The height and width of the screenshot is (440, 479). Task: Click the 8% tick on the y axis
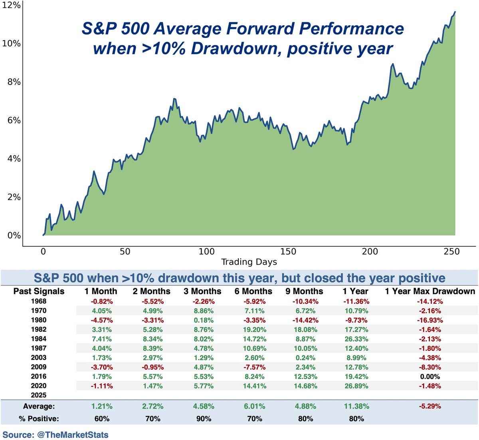[11, 82]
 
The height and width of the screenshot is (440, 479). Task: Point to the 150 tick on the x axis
[288, 251]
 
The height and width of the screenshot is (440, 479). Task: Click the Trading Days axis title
[249, 262]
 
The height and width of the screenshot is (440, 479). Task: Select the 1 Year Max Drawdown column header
[430, 291]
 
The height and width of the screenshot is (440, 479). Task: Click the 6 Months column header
[253, 291]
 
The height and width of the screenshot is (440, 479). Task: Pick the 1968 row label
[39, 301]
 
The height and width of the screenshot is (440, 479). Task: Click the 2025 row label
[39, 395]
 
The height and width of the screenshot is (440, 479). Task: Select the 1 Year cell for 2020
[356, 386]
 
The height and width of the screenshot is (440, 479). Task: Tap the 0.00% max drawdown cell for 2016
[430, 377]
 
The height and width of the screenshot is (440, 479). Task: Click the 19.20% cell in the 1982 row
[254, 330]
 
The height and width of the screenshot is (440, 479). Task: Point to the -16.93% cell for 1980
[430, 320]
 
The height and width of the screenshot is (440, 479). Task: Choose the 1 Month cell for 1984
[102, 339]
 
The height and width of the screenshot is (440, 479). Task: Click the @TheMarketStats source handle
[73, 434]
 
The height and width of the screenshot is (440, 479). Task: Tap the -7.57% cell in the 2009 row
[254, 367]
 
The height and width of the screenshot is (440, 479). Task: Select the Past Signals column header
[39, 291]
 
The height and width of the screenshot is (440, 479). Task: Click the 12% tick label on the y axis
[11, 6]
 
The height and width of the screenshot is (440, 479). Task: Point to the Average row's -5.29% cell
[430, 407]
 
